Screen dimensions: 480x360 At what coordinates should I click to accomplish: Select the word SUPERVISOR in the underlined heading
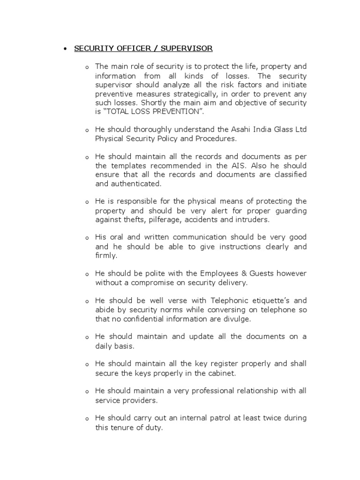pos(187,49)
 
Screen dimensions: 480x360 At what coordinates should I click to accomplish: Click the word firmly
pos(106,255)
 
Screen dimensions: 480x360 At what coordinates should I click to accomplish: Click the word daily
pos(104,345)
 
